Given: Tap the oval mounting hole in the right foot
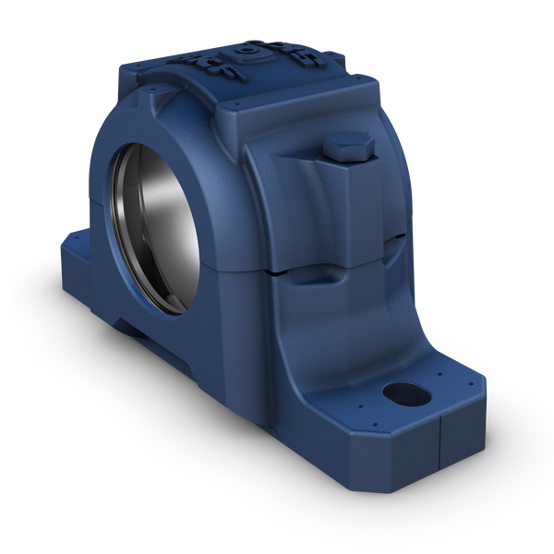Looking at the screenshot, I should point(403,395).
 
